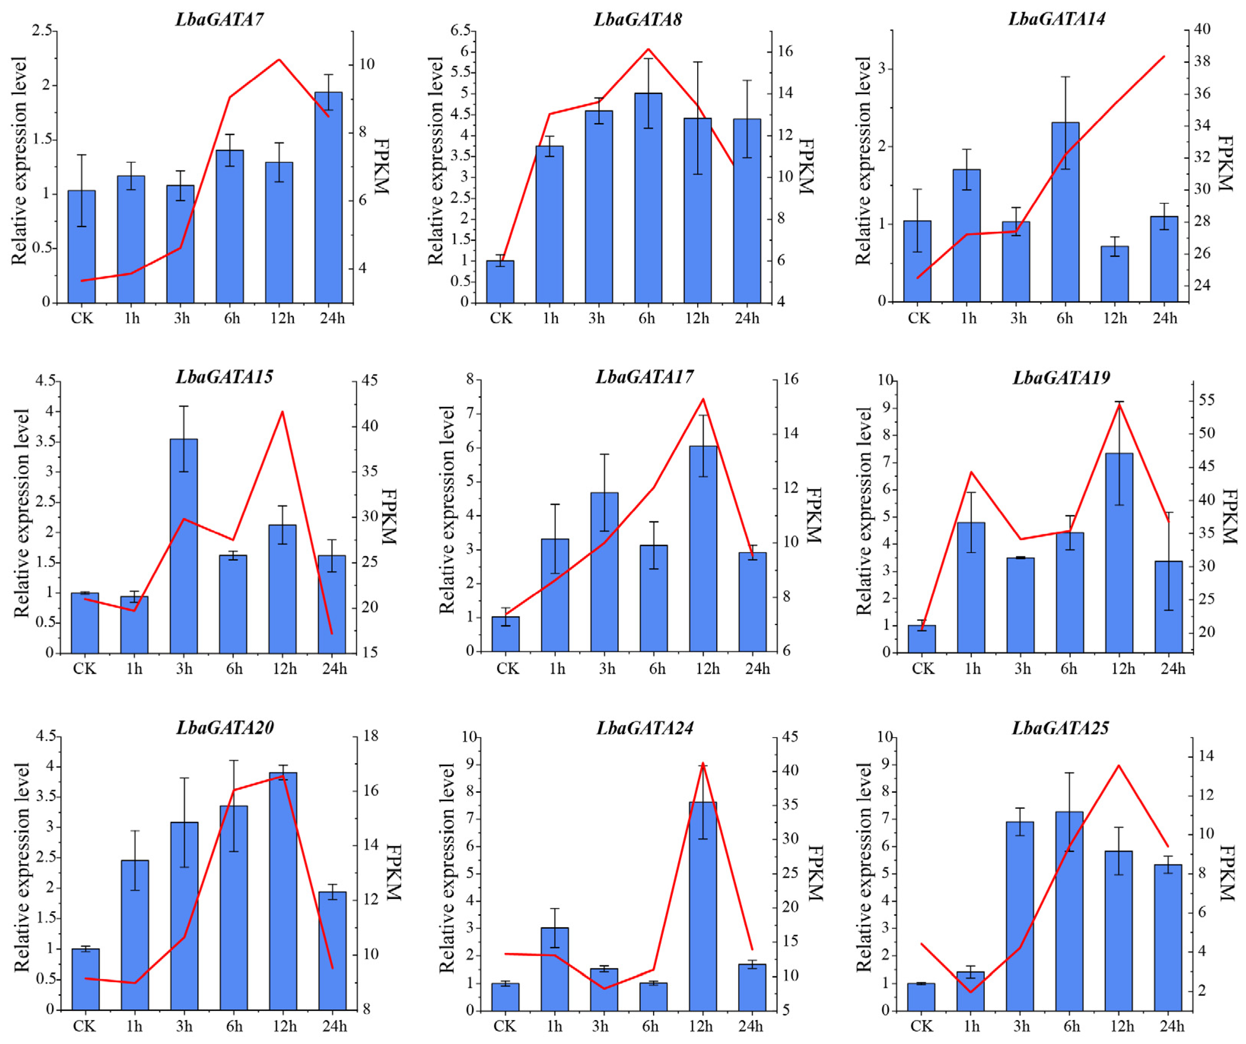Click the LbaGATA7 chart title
[219, 19]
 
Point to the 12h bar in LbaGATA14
[1115, 274]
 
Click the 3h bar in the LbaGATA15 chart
[184, 546]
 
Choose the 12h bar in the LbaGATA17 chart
[703, 549]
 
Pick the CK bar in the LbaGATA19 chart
[922, 639]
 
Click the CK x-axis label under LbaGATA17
[507, 669]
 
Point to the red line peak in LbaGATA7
[279, 59]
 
